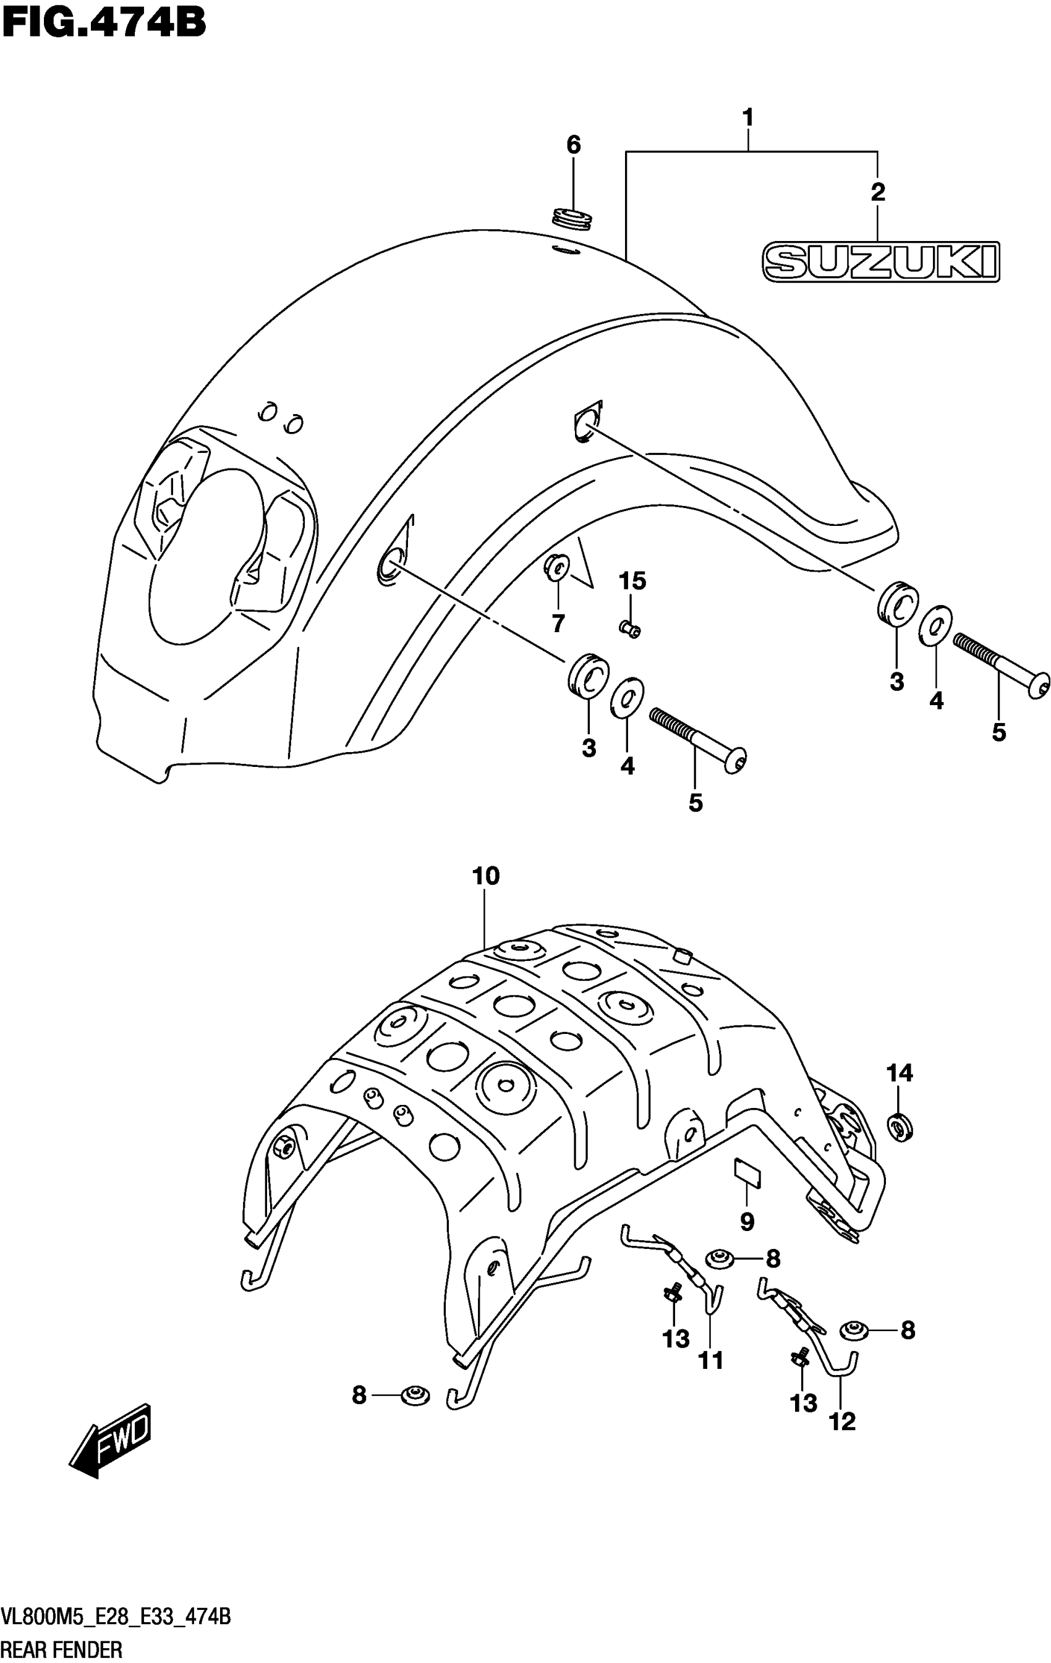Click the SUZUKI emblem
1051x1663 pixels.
[880, 262]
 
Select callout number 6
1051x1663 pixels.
[574, 145]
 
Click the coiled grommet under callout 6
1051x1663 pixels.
[573, 219]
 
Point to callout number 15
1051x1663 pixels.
[632, 582]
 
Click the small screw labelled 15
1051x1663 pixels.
[629, 628]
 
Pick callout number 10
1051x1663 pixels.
[485, 876]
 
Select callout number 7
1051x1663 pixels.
[558, 623]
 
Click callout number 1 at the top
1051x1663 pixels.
[747, 118]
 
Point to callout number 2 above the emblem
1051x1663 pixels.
[877, 192]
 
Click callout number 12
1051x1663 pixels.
[842, 1421]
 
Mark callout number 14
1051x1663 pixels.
[900, 1073]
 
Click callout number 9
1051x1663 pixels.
[747, 1221]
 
